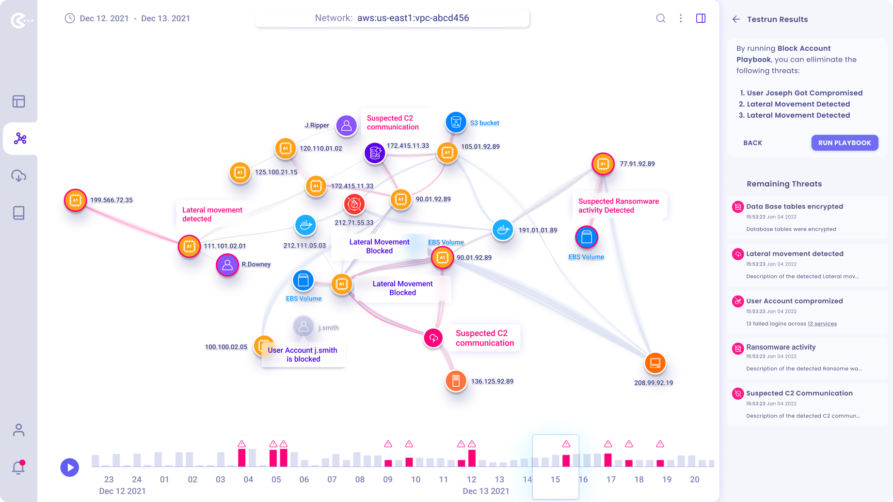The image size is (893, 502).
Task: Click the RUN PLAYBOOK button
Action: [x=845, y=143]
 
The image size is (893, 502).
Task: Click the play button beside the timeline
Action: [x=70, y=468]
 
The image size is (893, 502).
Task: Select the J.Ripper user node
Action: [x=346, y=125]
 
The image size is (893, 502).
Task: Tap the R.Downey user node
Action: [x=227, y=265]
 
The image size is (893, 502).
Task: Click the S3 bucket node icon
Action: [x=456, y=123]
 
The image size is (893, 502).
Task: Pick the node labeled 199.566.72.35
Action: [x=76, y=200]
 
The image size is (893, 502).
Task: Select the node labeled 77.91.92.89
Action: [x=603, y=164]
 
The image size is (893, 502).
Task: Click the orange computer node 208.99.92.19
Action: [x=655, y=363]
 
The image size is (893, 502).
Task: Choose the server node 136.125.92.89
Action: [x=456, y=381]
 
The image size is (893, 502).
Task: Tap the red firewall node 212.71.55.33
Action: [x=354, y=204]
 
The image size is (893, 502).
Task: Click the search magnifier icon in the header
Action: [x=660, y=18]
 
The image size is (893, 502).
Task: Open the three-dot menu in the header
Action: [x=681, y=18]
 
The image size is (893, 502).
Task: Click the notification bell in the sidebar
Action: [x=18, y=468]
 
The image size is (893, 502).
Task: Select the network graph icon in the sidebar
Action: [x=20, y=139]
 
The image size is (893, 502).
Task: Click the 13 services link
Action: [x=822, y=324]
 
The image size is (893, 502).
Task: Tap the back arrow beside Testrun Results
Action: [x=736, y=19]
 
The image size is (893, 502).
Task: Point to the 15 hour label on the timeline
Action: [x=555, y=479]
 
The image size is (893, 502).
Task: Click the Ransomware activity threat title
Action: [x=781, y=347]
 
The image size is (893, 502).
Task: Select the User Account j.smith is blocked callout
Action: [x=303, y=355]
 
